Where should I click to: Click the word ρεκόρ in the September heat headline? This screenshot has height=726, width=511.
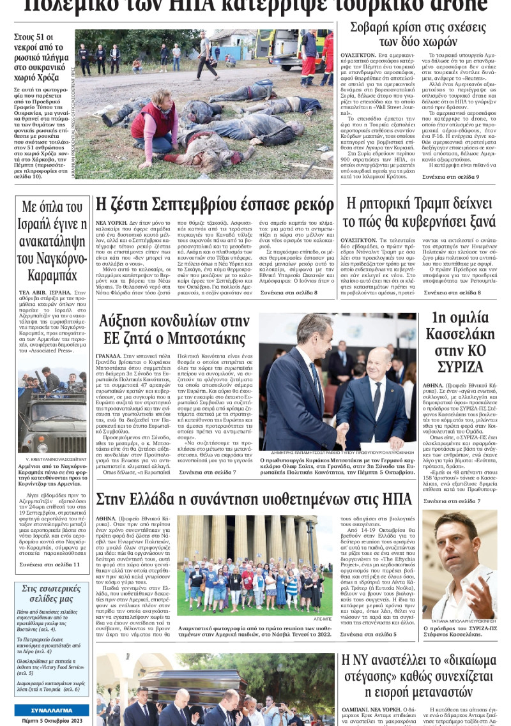[x=311, y=206]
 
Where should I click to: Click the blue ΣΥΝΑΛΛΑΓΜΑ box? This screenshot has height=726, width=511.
[x=52, y=710]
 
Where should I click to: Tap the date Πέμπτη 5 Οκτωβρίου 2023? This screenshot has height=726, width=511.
[x=52, y=720]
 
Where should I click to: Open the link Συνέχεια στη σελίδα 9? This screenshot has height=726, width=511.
[x=449, y=176]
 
